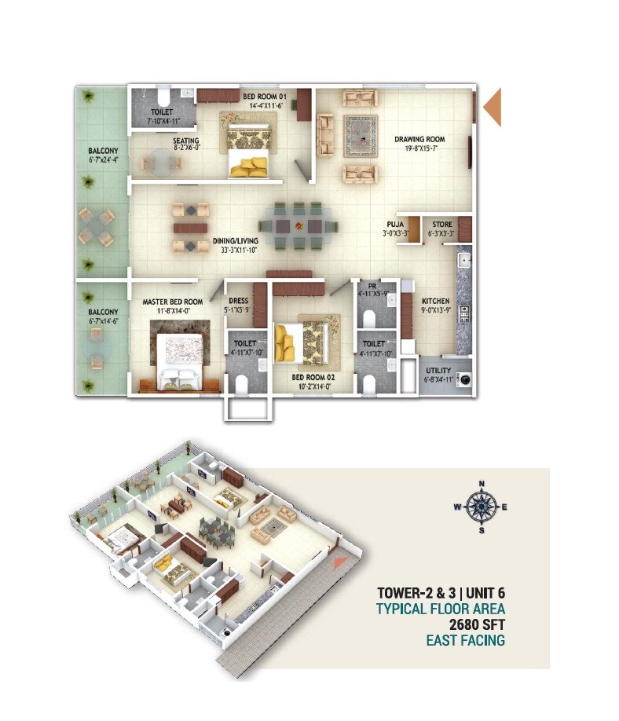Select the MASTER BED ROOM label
click(x=173, y=302)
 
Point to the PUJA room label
click(x=395, y=225)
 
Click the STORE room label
click(x=441, y=225)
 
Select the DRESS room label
click(x=238, y=301)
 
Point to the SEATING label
click(x=186, y=141)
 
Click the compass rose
click(x=482, y=507)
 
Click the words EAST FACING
click(x=465, y=640)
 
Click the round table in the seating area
click(x=161, y=163)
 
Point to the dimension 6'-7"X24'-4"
click(x=103, y=159)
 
